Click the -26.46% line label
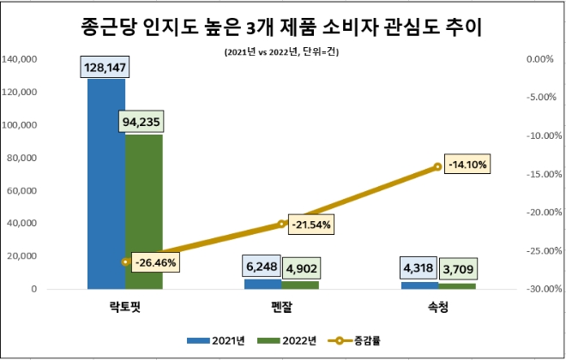click(155, 262)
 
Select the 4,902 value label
click(299, 268)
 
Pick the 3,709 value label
click(457, 268)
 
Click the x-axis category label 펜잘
click(281, 307)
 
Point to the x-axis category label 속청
click(438, 307)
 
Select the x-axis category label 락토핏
click(125, 307)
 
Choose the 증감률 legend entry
click(355, 340)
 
